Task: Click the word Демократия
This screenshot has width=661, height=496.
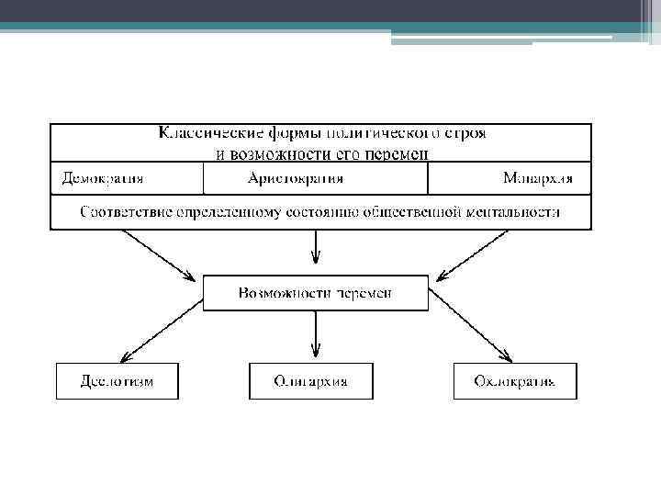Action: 102,178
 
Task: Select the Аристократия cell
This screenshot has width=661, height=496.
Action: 296,178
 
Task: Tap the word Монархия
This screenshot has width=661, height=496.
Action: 537,178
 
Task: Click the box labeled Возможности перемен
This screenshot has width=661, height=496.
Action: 315,293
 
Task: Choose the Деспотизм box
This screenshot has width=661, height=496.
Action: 117,380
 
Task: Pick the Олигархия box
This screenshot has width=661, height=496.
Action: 311,380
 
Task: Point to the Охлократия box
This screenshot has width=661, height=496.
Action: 514,380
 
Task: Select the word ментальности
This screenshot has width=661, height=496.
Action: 514,212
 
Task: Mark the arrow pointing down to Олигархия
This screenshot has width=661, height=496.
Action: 315,335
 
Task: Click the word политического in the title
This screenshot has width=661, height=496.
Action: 372,132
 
